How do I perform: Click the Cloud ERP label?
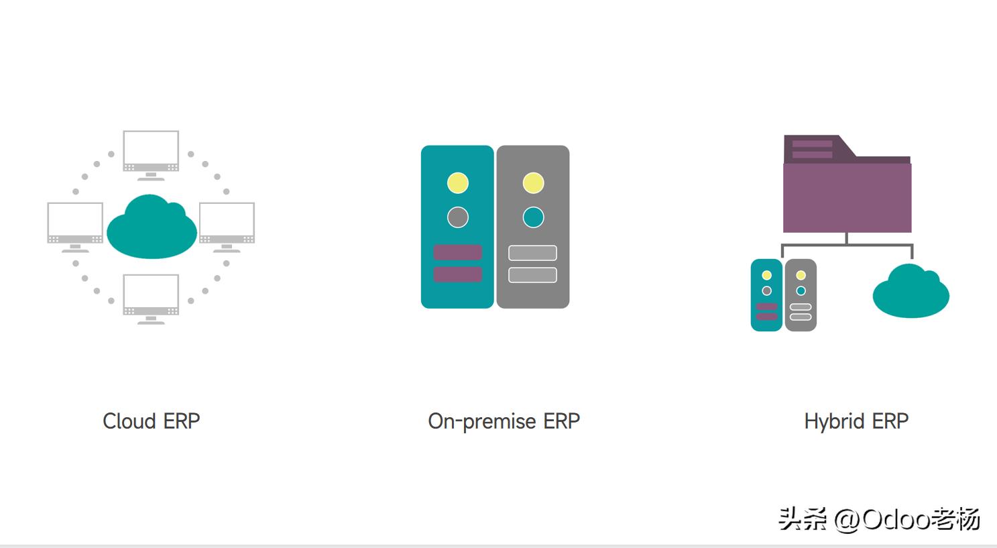(x=152, y=421)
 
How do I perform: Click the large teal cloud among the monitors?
(x=152, y=227)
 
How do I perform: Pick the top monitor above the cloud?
(x=151, y=156)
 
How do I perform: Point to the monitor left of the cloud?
(x=75, y=227)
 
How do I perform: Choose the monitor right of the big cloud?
(x=227, y=227)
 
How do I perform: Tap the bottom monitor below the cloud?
(x=151, y=299)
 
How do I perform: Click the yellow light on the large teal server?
(x=457, y=183)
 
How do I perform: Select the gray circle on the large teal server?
(x=457, y=217)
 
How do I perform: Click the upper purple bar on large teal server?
(x=457, y=252)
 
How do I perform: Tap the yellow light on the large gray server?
(x=533, y=183)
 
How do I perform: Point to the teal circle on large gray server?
(x=533, y=217)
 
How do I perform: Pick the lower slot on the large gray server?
(x=533, y=275)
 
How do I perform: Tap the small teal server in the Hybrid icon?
(x=766, y=295)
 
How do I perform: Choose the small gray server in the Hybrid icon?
(x=801, y=295)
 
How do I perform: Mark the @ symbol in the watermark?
(x=847, y=520)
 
